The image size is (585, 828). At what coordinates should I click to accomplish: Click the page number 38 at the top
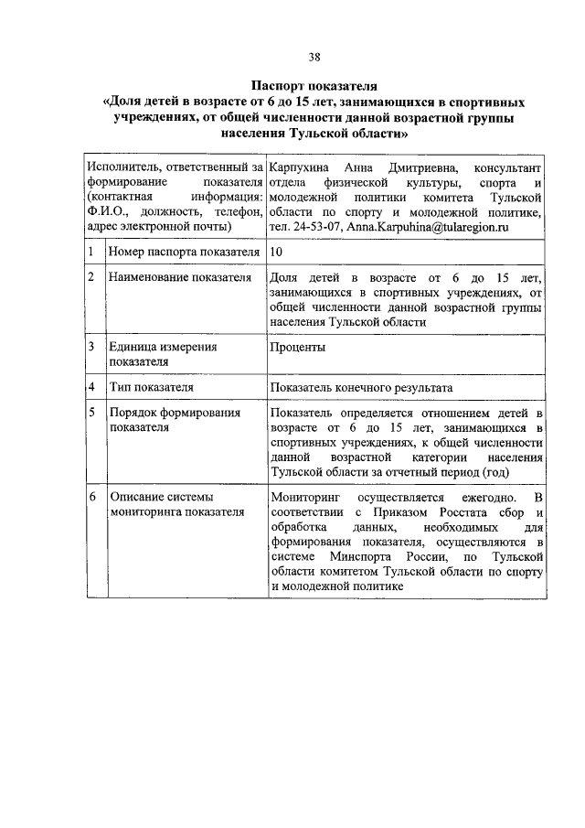coord(314,57)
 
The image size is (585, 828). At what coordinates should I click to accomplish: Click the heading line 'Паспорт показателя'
coord(314,85)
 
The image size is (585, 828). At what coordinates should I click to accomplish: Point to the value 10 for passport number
coord(277,250)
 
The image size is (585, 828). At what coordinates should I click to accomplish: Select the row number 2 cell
coord(92,277)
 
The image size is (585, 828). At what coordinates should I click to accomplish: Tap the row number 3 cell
coord(92,348)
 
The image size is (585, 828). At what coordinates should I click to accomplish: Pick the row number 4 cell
coord(92,388)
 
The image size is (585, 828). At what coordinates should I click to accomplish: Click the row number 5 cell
coord(92,413)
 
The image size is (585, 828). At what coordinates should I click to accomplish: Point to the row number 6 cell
coord(92,497)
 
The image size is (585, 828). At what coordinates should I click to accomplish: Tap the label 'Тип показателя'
coord(151,388)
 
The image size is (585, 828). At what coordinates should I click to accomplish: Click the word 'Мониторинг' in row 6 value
coord(304,497)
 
